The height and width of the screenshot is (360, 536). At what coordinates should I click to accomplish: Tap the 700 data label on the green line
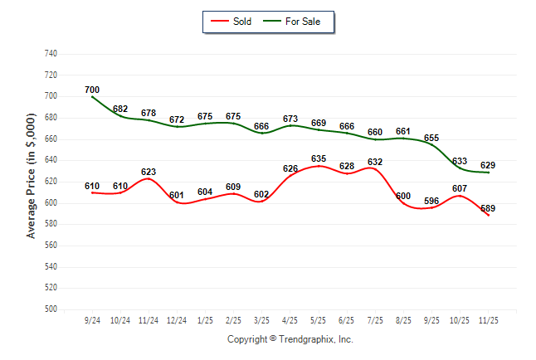coord(92,90)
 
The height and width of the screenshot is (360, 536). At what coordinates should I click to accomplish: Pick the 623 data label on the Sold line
coord(148,172)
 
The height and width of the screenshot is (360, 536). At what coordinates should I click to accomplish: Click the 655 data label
coord(431,138)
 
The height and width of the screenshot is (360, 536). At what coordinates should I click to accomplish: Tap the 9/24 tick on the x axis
coord(92,320)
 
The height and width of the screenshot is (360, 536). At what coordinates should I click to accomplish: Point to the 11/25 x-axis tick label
coord(489,320)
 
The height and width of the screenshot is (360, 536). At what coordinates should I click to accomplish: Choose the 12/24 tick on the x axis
coord(177,320)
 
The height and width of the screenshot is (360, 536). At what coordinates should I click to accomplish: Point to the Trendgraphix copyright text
coord(290,339)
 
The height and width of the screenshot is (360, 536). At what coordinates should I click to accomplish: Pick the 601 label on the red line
coord(177,196)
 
